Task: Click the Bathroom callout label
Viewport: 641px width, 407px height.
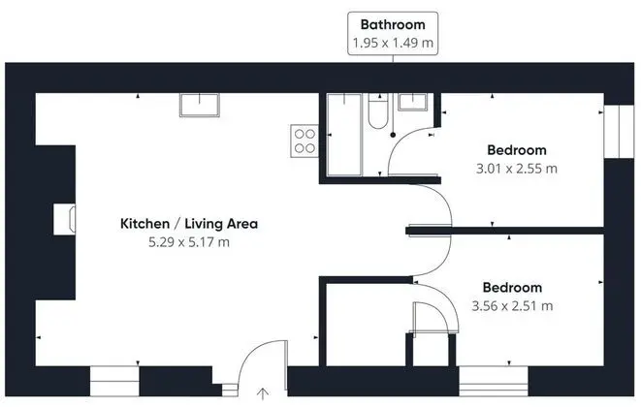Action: [x=393, y=24]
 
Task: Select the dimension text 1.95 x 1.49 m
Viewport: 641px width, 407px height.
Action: [x=393, y=43]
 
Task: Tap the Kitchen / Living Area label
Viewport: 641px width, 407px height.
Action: [x=189, y=224]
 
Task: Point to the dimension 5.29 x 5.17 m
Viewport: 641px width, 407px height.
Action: [x=189, y=242]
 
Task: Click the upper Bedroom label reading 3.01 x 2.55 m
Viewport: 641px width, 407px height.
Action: [x=517, y=169]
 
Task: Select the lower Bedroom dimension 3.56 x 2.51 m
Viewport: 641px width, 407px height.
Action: [x=512, y=305]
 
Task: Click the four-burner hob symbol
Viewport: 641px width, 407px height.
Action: [x=304, y=141]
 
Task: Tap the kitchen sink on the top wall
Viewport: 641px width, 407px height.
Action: [x=200, y=105]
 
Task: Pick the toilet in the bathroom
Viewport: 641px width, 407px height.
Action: [x=378, y=110]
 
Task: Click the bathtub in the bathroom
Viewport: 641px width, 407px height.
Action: [x=344, y=135]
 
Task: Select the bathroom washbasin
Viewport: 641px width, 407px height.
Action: [x=413, y=102]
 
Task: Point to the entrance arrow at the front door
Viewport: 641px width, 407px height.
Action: [x=263, y=393]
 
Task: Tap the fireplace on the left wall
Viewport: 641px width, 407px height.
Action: [x=64, y=219]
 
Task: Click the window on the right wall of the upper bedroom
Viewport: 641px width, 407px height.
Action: [x=619, y=132]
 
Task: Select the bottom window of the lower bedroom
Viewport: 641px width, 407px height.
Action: [x=493, y=381]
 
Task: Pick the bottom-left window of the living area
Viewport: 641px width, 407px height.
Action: [x=114, y=381]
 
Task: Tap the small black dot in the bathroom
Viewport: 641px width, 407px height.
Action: [x=393, y=135]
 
